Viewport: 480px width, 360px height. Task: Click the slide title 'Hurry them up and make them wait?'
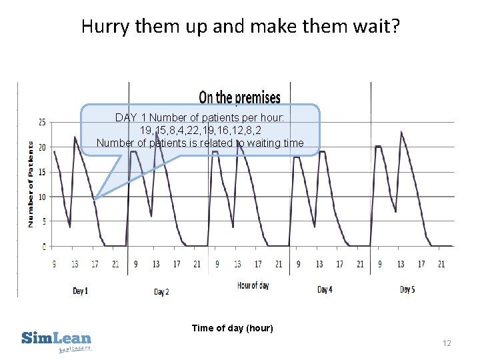(x=240, y=27)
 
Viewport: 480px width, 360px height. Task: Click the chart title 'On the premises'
(x=239, y=98)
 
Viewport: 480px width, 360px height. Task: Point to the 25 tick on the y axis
(x=42, y=122)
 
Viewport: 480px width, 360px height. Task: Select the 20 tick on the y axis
(x=42, y=147)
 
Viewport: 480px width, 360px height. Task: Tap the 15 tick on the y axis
(x=42, y=172)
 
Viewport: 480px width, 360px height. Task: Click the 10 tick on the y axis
(x=42, y=197)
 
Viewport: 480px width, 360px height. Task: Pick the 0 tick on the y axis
(x=44, y=247)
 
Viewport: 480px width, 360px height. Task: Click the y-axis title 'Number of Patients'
(x=31, y=183)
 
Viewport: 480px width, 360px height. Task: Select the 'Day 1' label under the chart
(x=80, y=291)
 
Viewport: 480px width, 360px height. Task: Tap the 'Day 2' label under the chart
(x=161, y=291)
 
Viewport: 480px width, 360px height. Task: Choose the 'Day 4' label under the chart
(x=324, y=290)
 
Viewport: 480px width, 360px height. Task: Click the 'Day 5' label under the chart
(x=407, y=289)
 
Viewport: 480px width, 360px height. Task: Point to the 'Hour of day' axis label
(x=253, y=285)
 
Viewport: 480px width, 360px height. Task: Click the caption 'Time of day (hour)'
(x=232, y=328)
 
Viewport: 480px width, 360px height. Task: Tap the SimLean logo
(x=57, y=340)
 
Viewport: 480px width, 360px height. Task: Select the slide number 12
(x=447, y=343)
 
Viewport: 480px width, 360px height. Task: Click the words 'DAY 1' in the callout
(x=126, y=118)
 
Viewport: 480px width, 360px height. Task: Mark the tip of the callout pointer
(x=95, y=199)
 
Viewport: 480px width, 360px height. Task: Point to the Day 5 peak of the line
(x=401, y=132)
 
